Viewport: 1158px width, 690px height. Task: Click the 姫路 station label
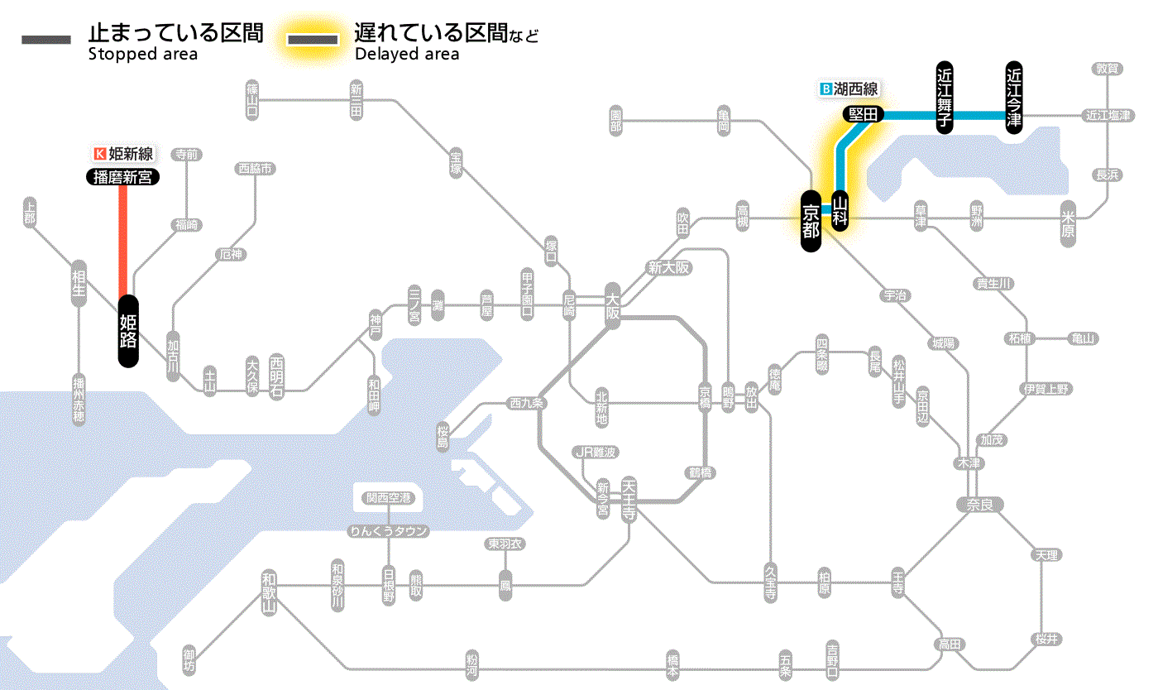click(128, 331)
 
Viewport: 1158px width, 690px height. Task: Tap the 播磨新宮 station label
click(123, 176)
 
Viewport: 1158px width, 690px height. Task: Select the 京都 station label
click(811, 219)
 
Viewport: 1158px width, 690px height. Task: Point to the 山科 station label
click(840, 210)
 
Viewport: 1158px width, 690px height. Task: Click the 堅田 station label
click(863, 114)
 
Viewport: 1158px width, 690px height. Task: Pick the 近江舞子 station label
click(945, 97)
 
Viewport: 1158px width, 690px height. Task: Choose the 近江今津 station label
click(1014, 97)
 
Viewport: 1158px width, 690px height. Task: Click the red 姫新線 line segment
click(123, 240)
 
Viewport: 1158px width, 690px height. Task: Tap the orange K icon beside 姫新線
click(101, 153)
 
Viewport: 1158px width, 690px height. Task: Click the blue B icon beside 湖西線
click(825, 88)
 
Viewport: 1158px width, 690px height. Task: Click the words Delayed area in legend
click(406, 54)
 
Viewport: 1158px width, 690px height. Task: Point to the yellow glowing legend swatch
click(312, 40)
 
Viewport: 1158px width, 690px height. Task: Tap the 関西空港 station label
click(388, 498)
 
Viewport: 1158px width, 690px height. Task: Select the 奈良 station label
click(979, 504)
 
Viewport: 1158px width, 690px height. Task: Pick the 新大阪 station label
click(668, 267)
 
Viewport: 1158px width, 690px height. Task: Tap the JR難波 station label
click(596, 452)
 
